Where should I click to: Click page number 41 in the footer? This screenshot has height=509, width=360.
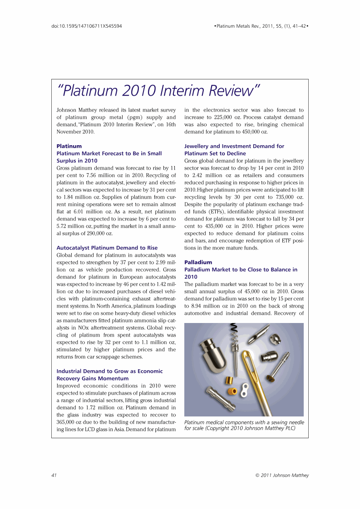pyautogui.click(x=54, y=475)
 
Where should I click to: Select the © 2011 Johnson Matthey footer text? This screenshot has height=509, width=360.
pyautogui.click(x=282, y=475)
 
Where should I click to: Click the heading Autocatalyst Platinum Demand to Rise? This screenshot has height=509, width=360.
pyautogui.click(x=107, y=248)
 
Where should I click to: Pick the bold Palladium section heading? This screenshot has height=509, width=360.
pyautogui.click(x=198, y=262)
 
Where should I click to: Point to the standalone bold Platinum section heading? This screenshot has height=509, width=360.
pyautogui.click(x=69, y=146)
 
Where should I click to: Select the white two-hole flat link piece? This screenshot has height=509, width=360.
pyautogui.click(x=244, y=390)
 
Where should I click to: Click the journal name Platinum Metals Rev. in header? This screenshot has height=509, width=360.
pyautogui.click(x=240, y=26)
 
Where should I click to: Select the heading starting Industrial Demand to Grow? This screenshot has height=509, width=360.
pyautogui.click(x=109, y=371)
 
